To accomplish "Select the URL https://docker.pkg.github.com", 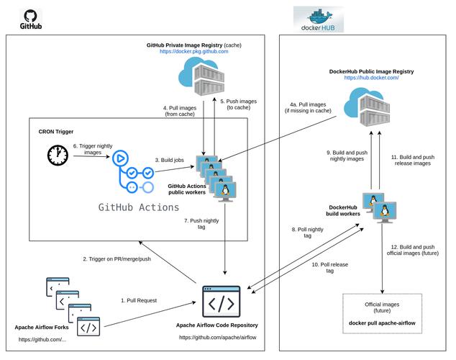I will point(193,52).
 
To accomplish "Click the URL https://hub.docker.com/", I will point(371,78).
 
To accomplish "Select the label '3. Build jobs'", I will point(168,159).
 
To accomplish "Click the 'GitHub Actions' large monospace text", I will point(139,207).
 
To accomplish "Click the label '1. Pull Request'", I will point(140,300).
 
